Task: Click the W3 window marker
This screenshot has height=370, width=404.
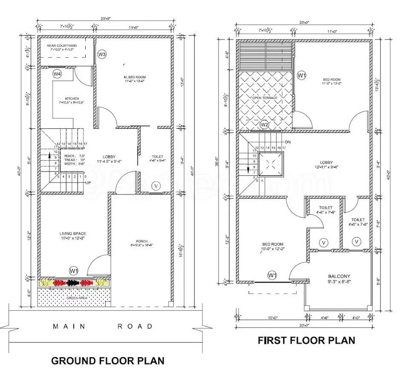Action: pos(102,54)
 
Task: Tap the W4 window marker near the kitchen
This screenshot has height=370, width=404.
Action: pos(58,74)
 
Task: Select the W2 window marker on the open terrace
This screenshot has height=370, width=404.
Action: pos(264,125)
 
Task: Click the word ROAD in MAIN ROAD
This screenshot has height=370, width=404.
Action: pos(135,326)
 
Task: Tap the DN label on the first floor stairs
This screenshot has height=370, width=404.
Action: pos(288,142)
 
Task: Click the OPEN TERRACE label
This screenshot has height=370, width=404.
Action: pos(265,98)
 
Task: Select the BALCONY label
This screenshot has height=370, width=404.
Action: pos(339,276)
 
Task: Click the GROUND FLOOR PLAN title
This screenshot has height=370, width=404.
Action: pos(107,361)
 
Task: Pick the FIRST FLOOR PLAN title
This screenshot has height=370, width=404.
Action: pos(306,340)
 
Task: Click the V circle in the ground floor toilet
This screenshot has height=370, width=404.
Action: pos(156,186)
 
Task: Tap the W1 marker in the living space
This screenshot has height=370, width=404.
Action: pos(74,270)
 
